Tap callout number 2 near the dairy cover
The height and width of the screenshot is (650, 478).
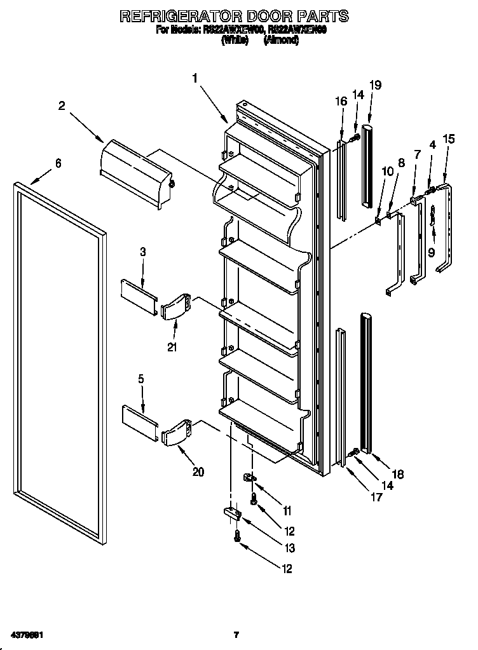(62, 106)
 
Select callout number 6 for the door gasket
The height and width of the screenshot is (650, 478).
(58, 163)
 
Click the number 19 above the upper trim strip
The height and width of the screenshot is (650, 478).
(376, 85)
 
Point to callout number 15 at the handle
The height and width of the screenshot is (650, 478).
(449, 138)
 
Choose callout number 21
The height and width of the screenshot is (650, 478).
(172, 347)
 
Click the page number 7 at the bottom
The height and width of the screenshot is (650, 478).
(236, 635)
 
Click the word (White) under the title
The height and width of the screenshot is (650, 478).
(234, 40)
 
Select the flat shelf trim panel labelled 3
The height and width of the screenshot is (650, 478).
(139, 297)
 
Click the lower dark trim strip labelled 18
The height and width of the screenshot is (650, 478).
(366, 381)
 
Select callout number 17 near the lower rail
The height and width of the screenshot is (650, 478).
(376, 496)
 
